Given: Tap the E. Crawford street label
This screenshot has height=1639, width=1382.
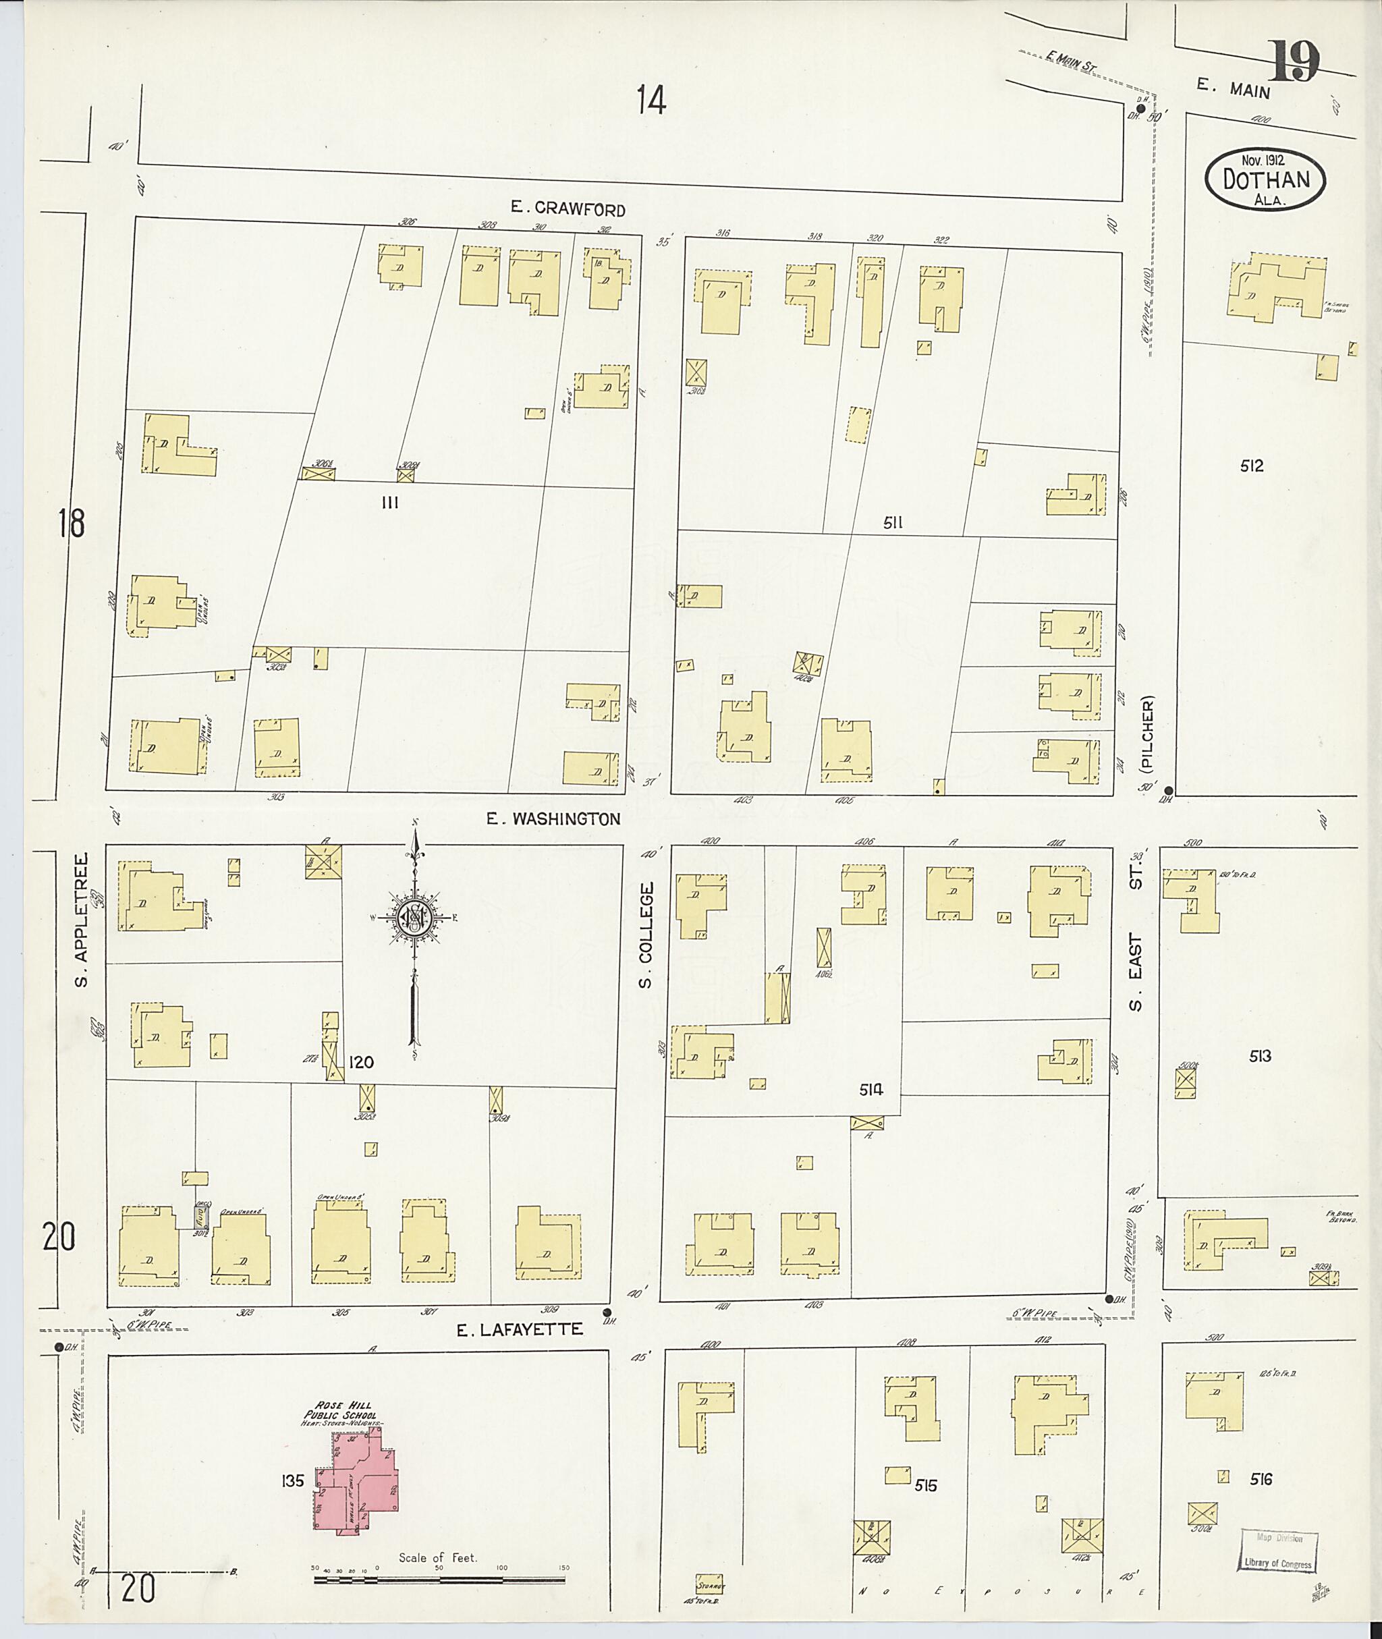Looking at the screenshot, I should coord(568,209).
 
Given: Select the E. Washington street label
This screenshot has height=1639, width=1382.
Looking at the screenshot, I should coord(553,819).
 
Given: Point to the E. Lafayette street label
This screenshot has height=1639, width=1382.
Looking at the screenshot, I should coord(521,1329).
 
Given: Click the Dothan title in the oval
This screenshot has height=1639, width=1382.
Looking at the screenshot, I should coord(1266,179).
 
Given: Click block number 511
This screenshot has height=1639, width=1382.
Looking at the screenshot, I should coord(894,522).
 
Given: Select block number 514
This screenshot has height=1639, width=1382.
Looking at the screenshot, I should coord(870,1089).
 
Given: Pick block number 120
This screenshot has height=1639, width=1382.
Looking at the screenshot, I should coord(361,1063).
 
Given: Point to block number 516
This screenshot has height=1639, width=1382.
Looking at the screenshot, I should coord(1261,1480).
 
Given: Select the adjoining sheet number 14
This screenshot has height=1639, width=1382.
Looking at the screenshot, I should coord(651,101).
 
